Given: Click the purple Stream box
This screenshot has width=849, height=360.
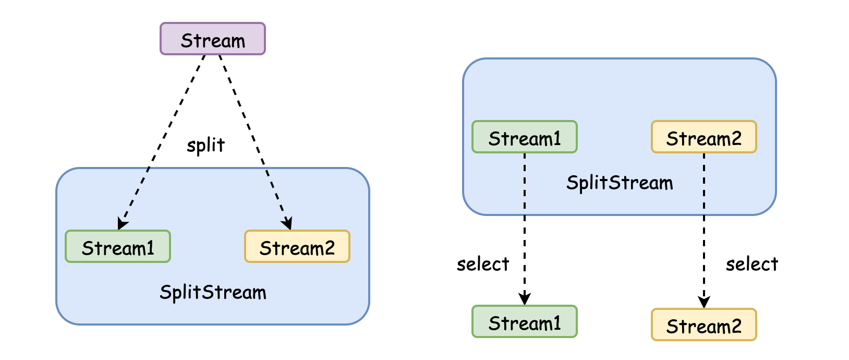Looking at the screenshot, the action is (213, 39).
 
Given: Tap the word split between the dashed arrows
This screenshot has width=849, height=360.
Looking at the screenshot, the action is (206, 145).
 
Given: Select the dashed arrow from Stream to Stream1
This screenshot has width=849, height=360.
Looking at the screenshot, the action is (162, 142).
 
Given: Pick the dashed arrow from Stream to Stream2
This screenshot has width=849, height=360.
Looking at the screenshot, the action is (256, 142).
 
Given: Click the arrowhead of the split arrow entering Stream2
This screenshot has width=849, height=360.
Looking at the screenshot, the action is (288, 223).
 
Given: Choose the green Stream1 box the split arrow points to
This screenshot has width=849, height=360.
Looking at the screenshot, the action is (118, 246).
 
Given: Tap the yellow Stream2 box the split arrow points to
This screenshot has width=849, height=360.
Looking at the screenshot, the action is (297, 246).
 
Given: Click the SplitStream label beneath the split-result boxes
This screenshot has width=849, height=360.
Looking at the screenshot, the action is (213, 293).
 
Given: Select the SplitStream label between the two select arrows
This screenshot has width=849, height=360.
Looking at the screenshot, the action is (620, 183).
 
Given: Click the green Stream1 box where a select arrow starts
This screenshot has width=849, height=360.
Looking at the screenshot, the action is (525, 137).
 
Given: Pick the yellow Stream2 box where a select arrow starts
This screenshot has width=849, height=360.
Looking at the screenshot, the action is (704, 137).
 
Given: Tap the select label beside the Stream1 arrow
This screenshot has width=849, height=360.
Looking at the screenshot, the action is (483, 264).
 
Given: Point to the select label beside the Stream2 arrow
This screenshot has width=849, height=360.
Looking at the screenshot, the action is (752, 264).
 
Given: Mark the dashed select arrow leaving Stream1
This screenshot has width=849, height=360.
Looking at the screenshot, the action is (525, 229).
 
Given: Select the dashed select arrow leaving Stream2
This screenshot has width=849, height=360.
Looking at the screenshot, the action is (704, 231).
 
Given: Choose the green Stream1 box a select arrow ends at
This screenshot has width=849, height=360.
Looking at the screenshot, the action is (525, 321).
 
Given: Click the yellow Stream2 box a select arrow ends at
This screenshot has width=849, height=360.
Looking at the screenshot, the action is (704, 325).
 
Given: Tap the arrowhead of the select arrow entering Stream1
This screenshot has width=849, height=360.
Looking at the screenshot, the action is (525, 299).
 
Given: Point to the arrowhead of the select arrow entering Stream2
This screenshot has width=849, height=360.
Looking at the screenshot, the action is (704, 302).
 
